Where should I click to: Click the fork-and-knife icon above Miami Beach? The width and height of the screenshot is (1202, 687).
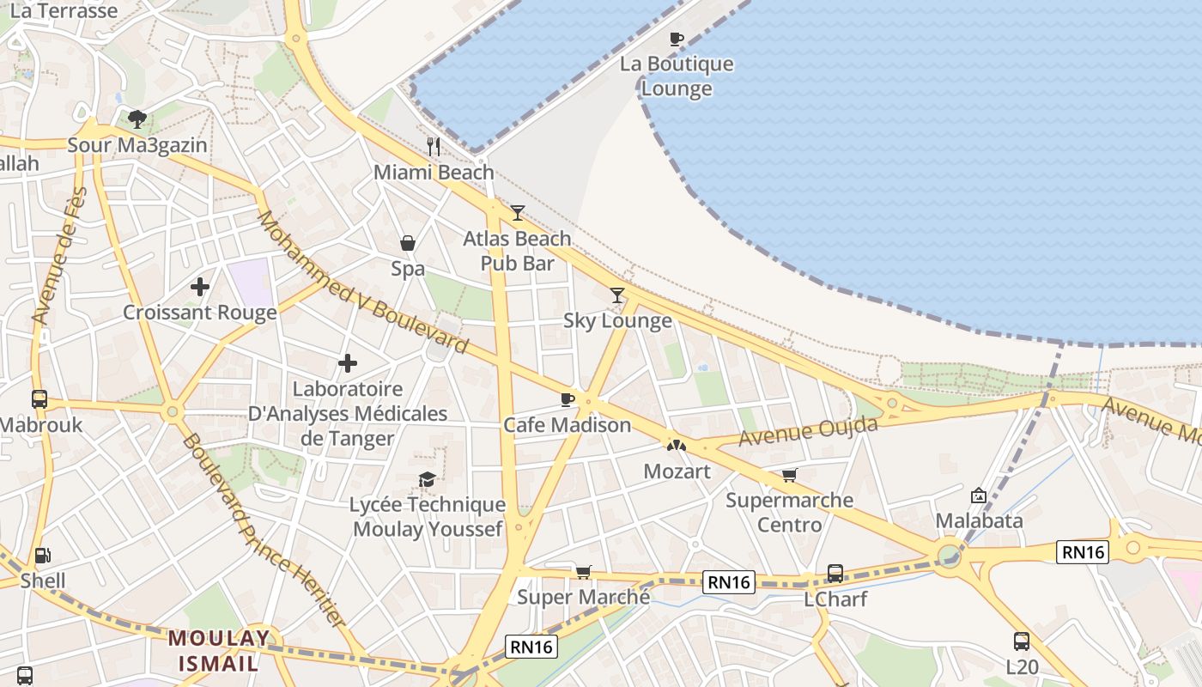[x=434, y=147]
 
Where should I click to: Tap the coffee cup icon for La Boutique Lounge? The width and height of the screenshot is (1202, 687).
[x=677, y=39]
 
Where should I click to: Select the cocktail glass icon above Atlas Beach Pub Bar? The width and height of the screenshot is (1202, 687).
[x=517, y=213]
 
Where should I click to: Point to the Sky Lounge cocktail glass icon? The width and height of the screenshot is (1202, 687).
[x=617, y=295]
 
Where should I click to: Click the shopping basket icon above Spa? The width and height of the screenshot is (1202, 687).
[x=408, y=243]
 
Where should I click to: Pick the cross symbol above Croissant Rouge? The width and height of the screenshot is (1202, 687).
[x=200, y=287]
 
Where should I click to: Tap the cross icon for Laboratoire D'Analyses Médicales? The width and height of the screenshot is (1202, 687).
[x=348, y=364]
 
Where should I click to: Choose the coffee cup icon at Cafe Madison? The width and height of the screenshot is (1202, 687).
[x=567, y=399]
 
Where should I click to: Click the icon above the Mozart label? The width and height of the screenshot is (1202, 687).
[x=677, y=446]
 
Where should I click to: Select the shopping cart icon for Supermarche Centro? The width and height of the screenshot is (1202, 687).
[x=789, y=475]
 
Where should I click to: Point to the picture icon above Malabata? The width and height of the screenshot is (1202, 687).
[x=978, y=495]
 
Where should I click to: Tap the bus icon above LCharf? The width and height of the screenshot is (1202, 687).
[x=835, y=573]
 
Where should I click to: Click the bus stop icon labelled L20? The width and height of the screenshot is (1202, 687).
[x=1022, y=641]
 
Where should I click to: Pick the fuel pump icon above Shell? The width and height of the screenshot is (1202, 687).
[x=42, y=556]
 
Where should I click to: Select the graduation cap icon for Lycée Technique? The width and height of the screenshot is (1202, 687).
[x=427, y=479]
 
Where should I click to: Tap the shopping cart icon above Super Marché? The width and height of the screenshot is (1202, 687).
[x=584, y=572]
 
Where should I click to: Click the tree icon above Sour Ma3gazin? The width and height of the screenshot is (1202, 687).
[x=137, y=119]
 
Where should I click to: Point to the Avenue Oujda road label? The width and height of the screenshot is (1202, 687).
[x=808, y=431]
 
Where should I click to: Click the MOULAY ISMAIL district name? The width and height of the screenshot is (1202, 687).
[x=218, y=650]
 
